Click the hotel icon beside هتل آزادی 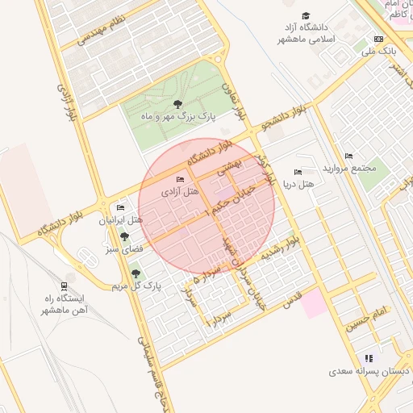[x=179, y=179]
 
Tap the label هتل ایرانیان [x=121, y=220]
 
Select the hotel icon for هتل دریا [x=298, y=172]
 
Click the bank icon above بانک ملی [x=378, y=39]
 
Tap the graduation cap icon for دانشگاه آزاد [x=306, y=16]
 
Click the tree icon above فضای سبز [x=124, y=236]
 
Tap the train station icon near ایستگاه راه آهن [x=64, y=286]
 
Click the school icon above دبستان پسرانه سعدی [x=369, y=358]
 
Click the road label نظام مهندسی [x=102, y=30]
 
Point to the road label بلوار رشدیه [x=278, y=248]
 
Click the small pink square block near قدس [x=315, y=303]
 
